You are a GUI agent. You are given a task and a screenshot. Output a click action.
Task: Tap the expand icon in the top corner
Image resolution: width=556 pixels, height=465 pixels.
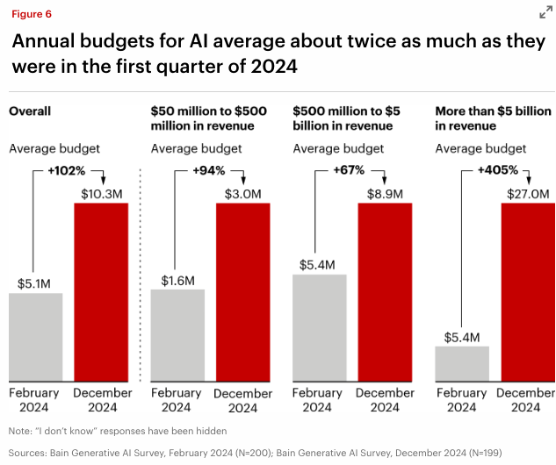point(545,11)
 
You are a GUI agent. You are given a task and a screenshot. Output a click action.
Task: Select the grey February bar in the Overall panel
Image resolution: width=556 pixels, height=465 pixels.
point(36,337)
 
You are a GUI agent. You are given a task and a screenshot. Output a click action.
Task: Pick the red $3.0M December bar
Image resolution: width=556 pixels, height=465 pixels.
point(242,293)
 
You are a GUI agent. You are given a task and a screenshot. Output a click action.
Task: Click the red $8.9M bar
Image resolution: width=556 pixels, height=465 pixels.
point(385,293)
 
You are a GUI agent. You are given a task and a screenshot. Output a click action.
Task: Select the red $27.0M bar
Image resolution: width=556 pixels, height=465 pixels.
point(527,293)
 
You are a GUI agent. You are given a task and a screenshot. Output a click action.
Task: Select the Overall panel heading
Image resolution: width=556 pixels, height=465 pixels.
point(30,111)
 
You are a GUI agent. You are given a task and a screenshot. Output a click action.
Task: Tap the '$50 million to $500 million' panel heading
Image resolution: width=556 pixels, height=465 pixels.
point(208,118)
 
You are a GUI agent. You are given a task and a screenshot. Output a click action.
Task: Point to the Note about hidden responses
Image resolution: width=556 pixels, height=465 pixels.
point(118,430)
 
